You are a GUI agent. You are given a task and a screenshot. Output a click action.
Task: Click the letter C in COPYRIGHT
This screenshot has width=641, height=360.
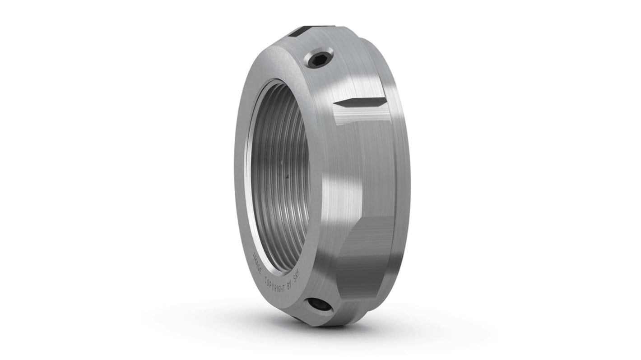click(x=266, y=278)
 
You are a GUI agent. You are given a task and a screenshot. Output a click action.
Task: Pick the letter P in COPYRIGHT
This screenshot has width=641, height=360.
click(x=271, y=283)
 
